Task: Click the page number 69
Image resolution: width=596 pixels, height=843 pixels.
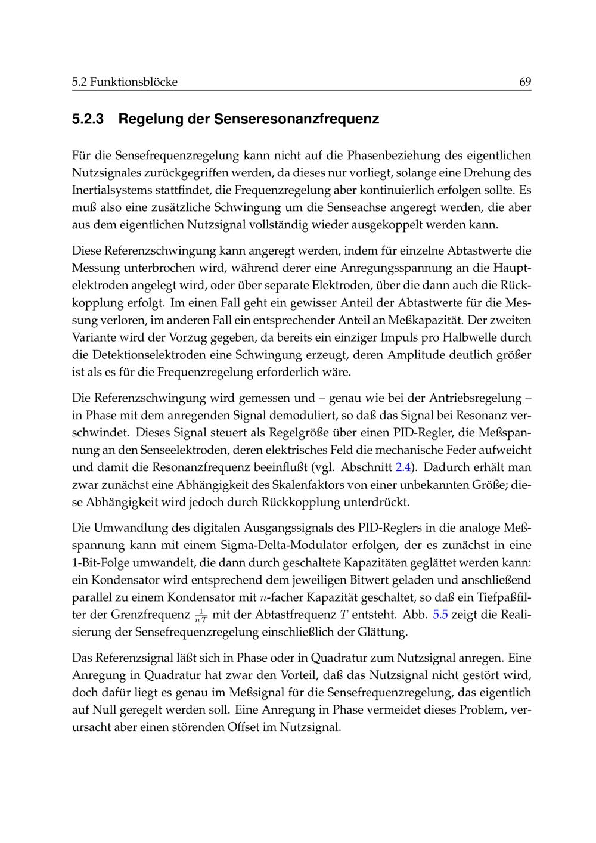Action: click(x=525, y=82)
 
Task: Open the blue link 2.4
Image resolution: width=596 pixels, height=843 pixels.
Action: click(x=403, y=467)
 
